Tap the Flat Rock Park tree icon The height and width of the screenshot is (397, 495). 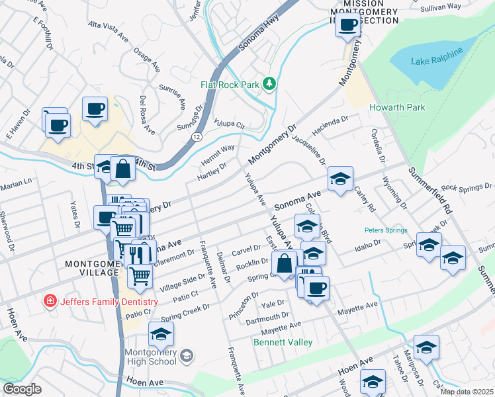(269, 83)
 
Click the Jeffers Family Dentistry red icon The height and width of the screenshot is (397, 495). (49, 302)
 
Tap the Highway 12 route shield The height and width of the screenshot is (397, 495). (197, 136)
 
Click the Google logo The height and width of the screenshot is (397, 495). (22, 389)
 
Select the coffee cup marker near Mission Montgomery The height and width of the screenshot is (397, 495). (348, 25)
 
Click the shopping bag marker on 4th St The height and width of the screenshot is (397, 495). (123, 169)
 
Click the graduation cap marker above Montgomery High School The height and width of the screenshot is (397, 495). (161, 335)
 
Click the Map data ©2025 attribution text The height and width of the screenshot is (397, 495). (465, 391)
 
